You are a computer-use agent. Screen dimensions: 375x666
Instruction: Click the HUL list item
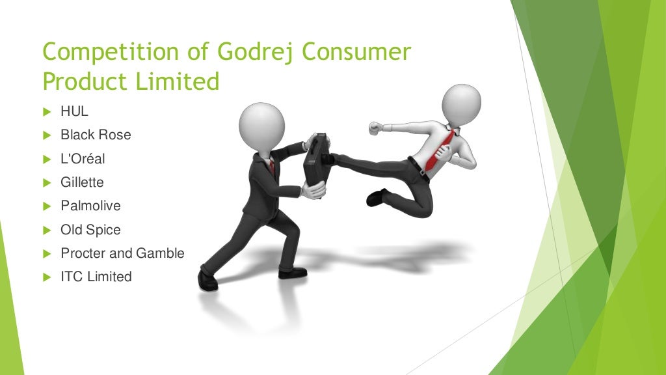pos(74,111)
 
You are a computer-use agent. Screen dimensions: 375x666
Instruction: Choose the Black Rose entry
pos(95,135)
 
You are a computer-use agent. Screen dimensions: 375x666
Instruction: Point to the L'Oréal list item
pos(83,158)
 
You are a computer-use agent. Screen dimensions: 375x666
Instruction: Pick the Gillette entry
pos(82,182)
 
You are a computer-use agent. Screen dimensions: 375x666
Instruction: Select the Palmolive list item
pos(90,206)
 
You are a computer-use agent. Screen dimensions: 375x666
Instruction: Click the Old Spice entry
pos(90,229)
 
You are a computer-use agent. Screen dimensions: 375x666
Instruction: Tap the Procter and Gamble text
pos(122,253)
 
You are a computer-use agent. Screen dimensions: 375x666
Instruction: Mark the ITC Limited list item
pos(96,277)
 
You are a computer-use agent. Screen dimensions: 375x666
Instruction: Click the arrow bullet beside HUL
pos(47,112)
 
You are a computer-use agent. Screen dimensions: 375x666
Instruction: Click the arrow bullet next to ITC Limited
pos(47,277)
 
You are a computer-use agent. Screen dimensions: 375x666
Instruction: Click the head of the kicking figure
pos(461,103)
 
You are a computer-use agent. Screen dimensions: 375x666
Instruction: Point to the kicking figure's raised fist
pos(375,128)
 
